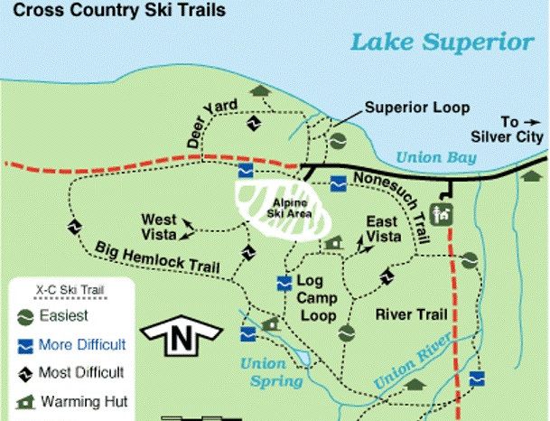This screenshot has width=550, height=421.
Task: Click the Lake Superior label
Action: [x=441, y=42]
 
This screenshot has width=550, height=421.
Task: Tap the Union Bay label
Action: [x=434, y=156]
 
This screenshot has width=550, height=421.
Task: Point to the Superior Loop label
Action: [x=416, y=108]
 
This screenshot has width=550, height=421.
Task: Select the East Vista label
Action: [x=384, y=229]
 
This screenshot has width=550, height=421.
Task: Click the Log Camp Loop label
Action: [x=317, y=298]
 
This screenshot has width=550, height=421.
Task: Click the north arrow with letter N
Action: [x=183, y=339]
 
